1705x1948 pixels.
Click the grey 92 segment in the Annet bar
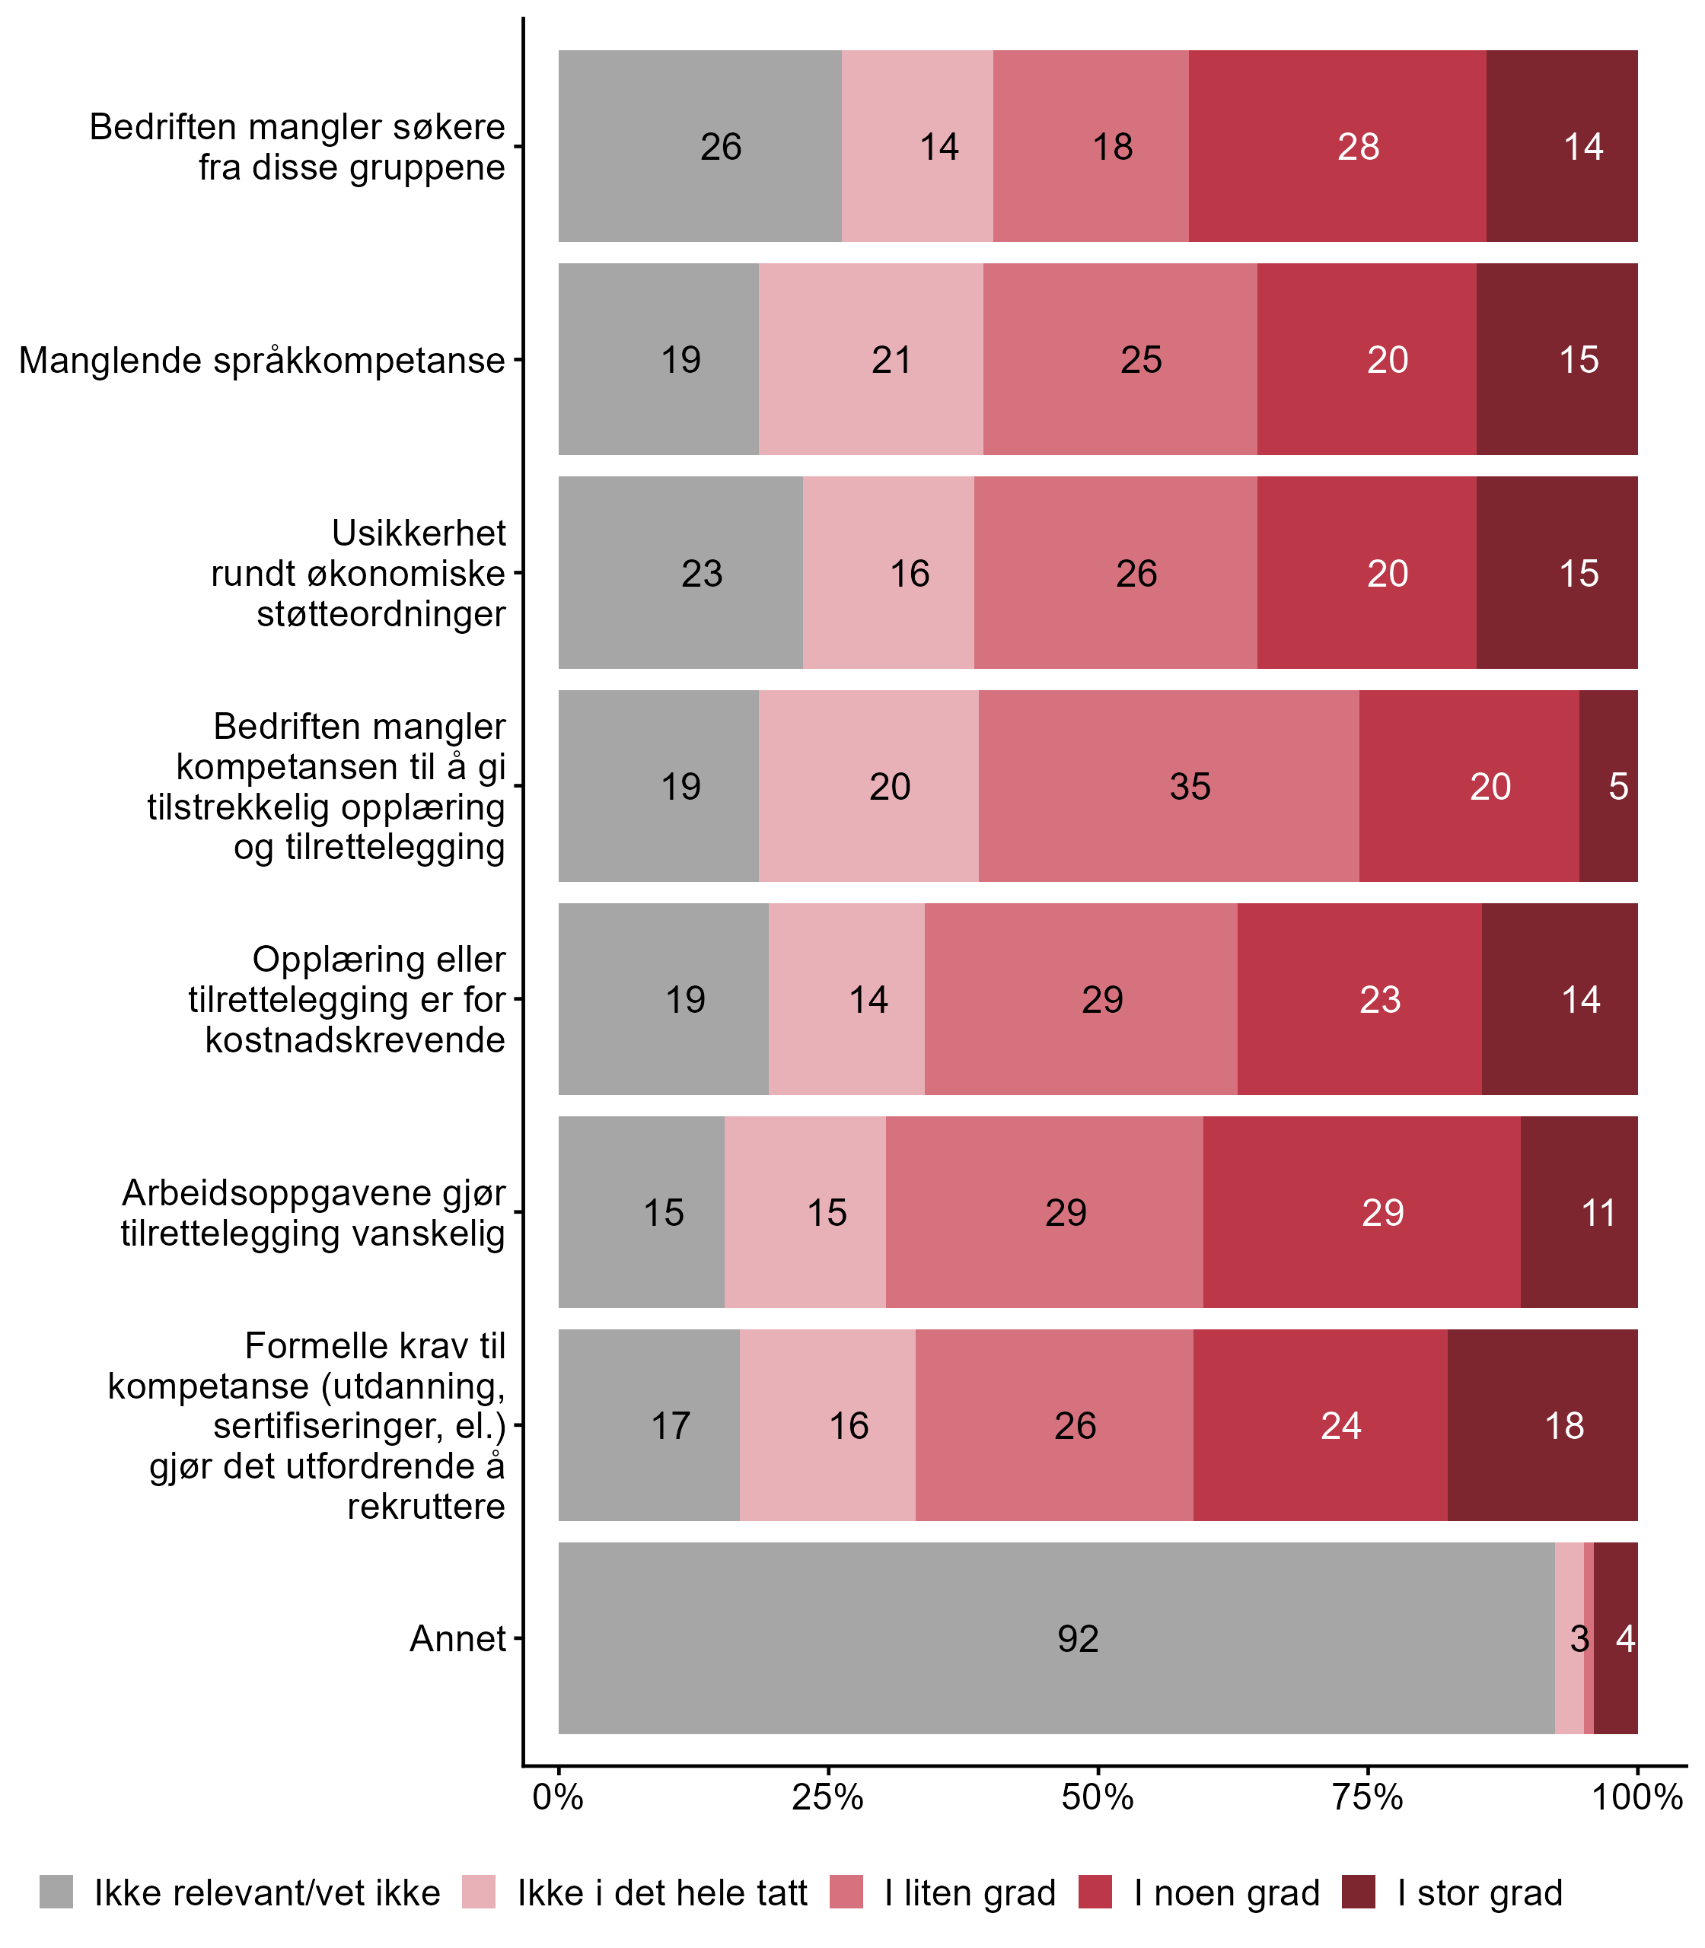click(x=1056, y=1638)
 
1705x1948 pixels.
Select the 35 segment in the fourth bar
click(x=1168, y=785)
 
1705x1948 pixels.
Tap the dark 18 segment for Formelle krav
click(x=1542, y=1424)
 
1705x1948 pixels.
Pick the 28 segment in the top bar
click(x=1337, y=145)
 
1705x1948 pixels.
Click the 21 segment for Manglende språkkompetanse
click(x=871, y=359)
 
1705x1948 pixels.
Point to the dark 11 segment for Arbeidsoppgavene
click(x=1579, y=1211)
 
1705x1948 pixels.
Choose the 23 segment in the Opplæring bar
click(x=1359, y=998)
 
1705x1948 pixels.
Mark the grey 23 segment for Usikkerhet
click(x=680, y=572)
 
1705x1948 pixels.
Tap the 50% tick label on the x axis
click(x=1098, y=1797)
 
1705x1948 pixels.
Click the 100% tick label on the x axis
click(x=1637, y=1797)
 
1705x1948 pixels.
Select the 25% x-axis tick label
click(x=828, y=1797)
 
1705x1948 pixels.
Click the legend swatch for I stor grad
click(x=1359, y=1892)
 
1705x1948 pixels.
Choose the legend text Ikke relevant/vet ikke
click(x=267, y=1893)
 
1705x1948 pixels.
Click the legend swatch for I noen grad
click(x=1095, y=1892)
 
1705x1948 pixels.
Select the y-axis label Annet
click(x=457, y=1638)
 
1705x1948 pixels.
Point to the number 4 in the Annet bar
click(x=1625, y=1638)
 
